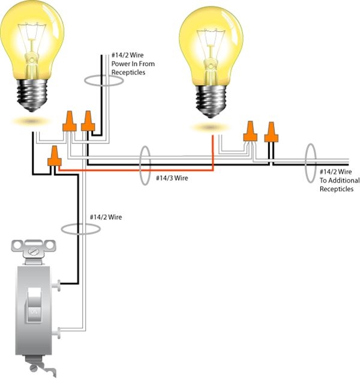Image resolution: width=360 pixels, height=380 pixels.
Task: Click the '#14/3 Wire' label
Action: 173,178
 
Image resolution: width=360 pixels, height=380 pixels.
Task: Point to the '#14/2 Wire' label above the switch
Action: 106,217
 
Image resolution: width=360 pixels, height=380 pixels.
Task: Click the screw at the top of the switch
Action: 35,246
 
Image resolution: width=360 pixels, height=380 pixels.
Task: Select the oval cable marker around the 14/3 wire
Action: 144,165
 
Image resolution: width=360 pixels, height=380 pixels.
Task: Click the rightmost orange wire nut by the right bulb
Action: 272,132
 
